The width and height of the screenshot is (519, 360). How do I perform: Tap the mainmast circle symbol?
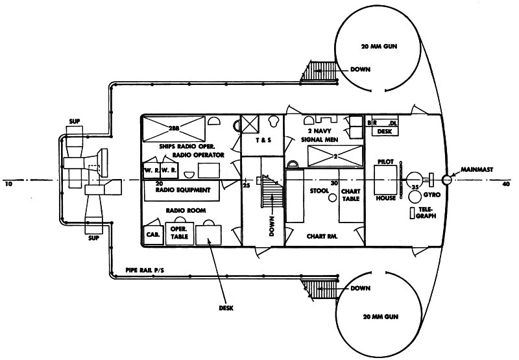click(446, 180)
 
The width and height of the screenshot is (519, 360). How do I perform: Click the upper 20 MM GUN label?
click(382, 47)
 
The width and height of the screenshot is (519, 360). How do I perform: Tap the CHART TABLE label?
click(350, 194)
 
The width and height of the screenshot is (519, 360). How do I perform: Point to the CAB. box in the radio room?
click(153, 234)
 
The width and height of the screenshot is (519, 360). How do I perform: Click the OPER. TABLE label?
click(179, 233)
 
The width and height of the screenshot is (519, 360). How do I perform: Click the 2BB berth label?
click(174, 128)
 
